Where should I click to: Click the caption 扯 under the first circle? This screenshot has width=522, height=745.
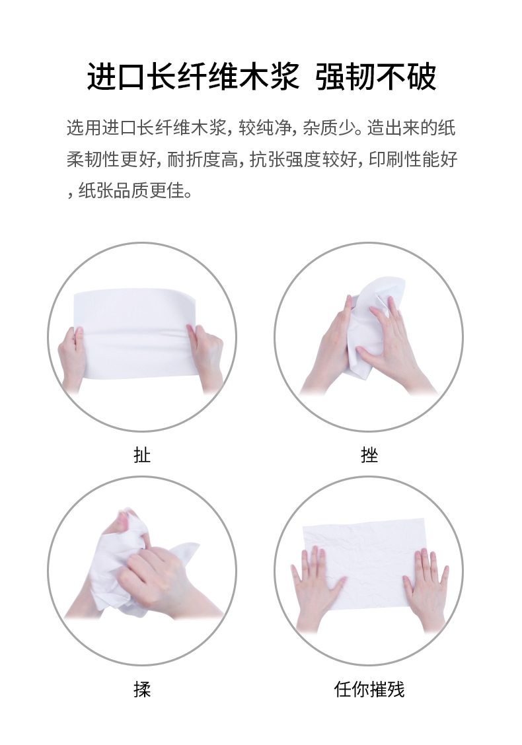coord(142,454)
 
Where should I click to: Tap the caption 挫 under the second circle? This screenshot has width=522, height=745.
coord(369,454)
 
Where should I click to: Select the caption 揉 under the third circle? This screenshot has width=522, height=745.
coord(142,689)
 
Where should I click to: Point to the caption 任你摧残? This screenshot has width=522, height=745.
coord(369,689)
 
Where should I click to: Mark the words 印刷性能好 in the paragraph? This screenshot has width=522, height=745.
coord(413,160)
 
